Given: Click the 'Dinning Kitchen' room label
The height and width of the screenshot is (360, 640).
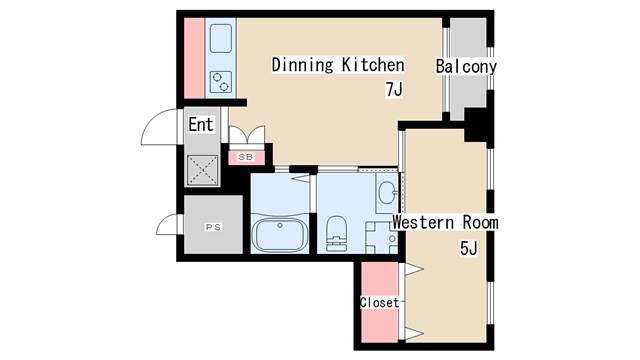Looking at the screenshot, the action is (x=338, y=65).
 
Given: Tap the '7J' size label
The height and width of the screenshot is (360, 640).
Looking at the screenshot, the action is (x=394, y=89).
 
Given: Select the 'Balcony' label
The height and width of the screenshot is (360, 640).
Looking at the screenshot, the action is (x=466, y=67).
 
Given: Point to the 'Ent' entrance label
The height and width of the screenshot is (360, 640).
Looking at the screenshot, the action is (x=201, y=124).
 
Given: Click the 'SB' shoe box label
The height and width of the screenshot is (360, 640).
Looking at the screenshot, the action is (x=246, y=157).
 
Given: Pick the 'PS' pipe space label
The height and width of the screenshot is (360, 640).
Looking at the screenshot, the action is (x=213, y=227).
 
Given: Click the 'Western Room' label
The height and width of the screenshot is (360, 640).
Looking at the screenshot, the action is (x=445, y=223).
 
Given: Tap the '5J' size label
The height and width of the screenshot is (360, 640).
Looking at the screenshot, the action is (x=469, y=248).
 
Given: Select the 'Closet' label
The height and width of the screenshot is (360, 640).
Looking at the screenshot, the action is (x=380, y=302).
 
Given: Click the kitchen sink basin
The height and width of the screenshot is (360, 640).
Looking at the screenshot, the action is (x=221, y=38).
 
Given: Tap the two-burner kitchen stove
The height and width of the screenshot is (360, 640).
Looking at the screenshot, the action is (x=221, y=82).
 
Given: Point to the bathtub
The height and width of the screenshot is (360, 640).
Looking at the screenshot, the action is (x=280, y=235).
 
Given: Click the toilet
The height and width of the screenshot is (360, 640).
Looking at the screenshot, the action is (x=337, y=233).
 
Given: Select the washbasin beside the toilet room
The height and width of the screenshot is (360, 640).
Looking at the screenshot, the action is (x=387, y=192).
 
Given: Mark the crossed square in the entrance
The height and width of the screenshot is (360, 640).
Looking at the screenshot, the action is (x=202, y=170).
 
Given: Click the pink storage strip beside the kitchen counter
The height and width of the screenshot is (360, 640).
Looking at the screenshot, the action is (x=194, y=58).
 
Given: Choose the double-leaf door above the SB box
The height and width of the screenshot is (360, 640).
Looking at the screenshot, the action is (x=247, y=135).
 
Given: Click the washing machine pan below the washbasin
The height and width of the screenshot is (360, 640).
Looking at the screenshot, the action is (x=381, y=238).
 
